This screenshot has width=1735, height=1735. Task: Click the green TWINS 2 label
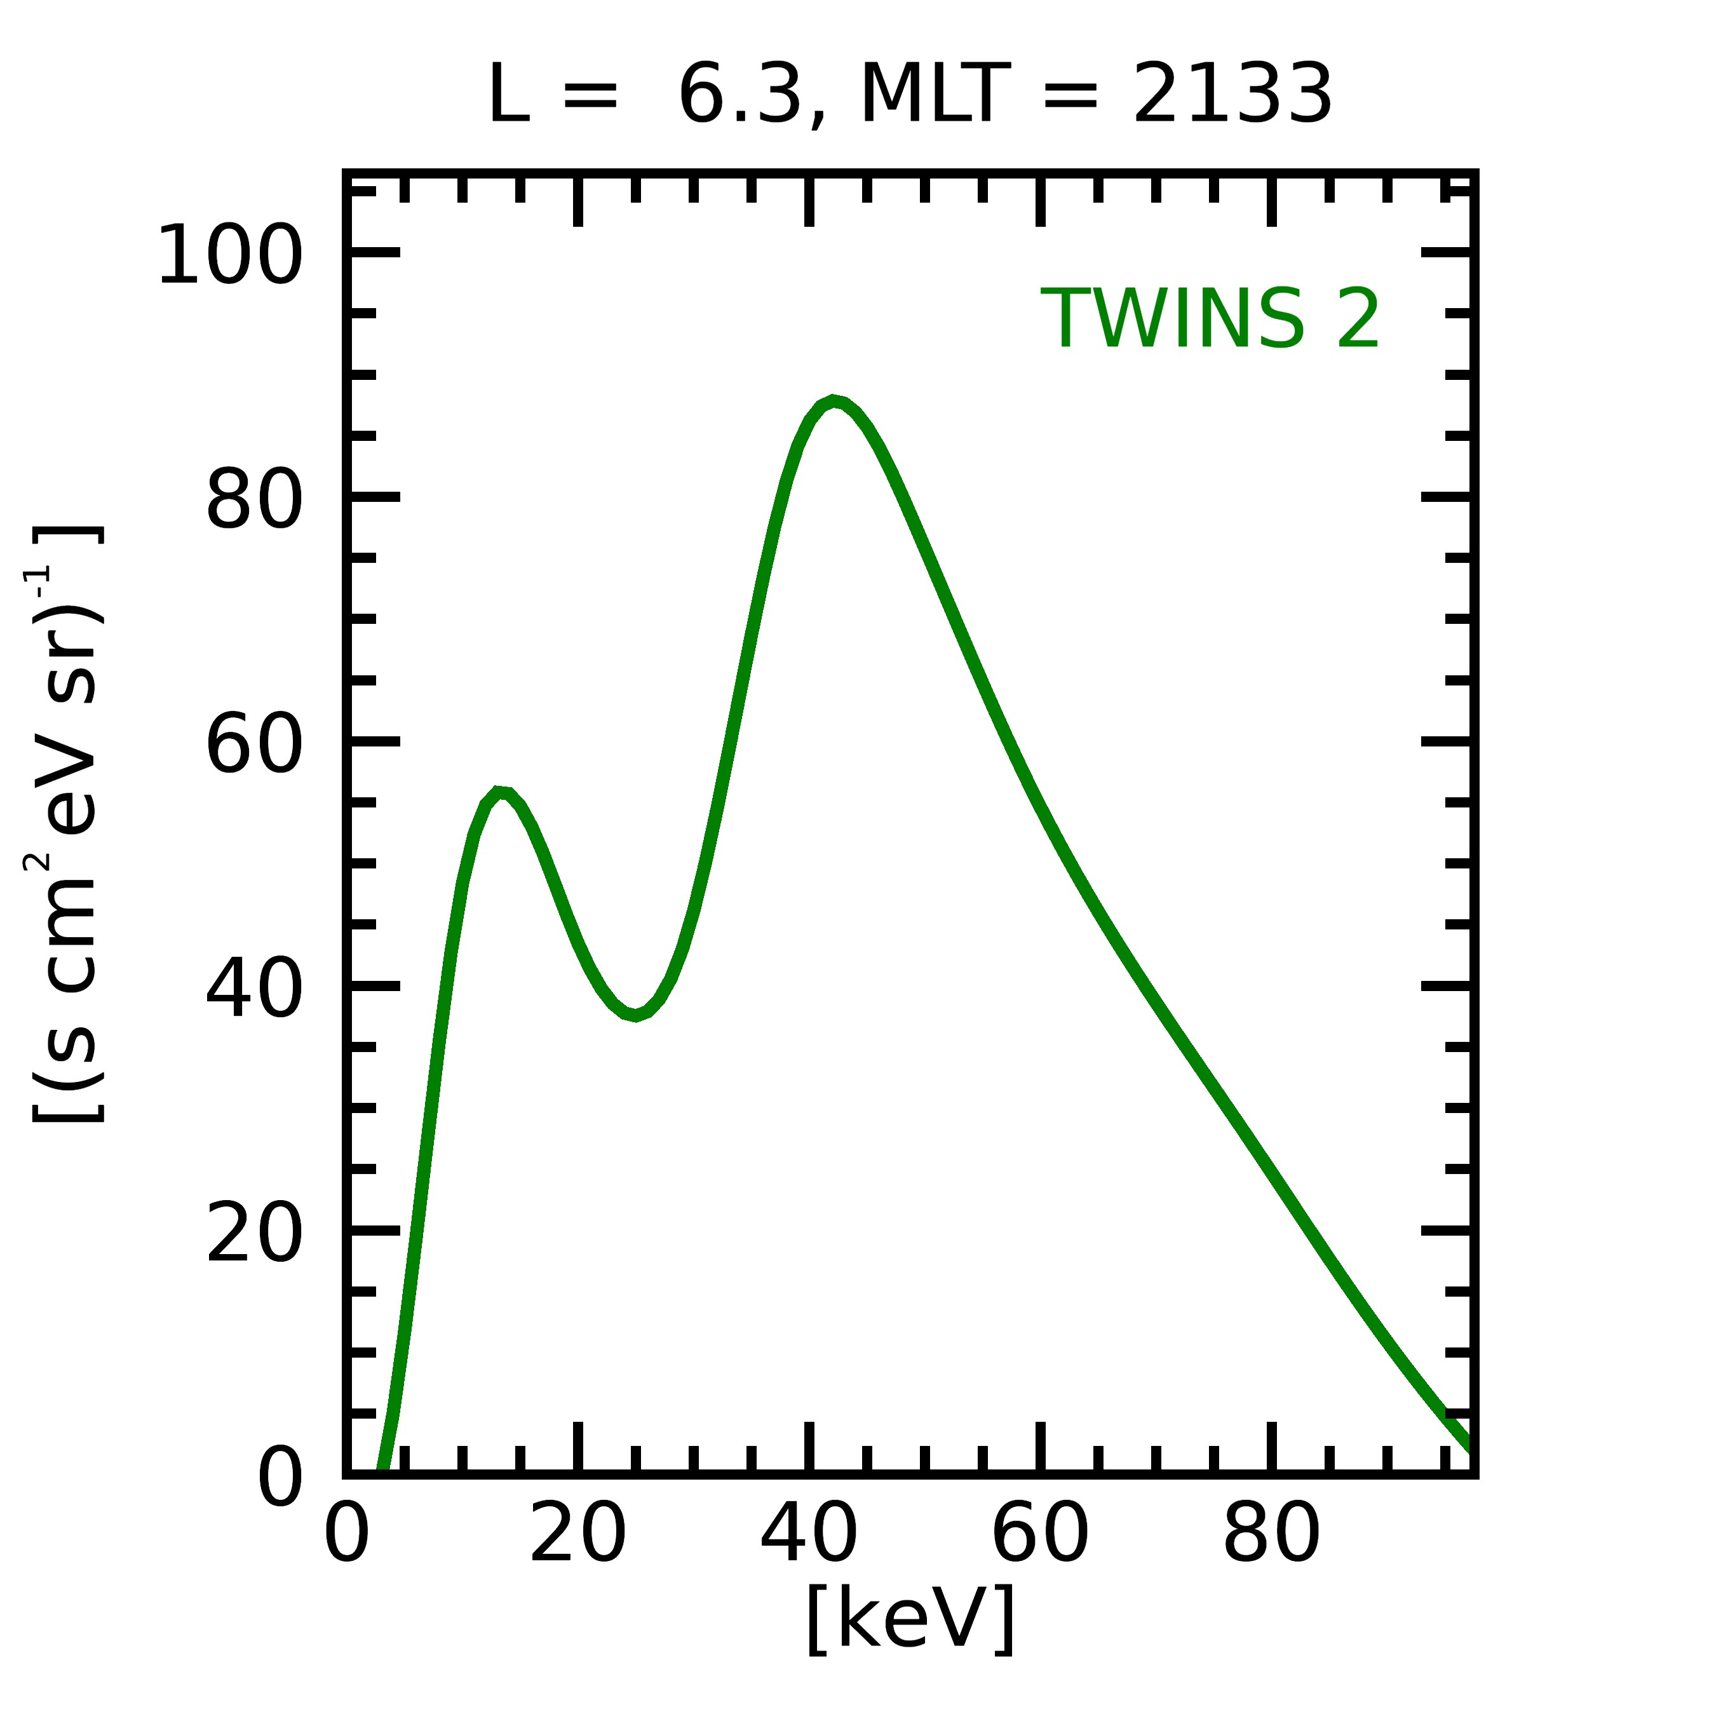coord(1209,320)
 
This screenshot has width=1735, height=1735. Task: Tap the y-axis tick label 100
coord(230,256)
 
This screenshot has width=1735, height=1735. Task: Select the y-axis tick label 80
coord(253,500)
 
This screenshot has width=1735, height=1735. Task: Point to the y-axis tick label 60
coord(253,745)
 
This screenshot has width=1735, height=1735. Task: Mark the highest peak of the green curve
coord(834,402)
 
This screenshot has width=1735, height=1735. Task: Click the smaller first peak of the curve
coord(501,793)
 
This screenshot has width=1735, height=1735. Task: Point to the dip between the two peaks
coord(635,1015)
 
